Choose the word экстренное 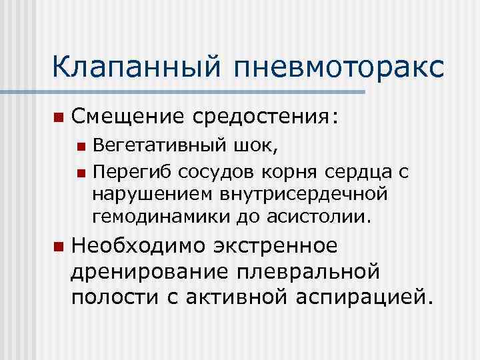pos(275,246)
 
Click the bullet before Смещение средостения pos(58,118)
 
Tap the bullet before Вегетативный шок pos(81,149)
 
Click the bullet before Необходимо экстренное pos(58,247)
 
